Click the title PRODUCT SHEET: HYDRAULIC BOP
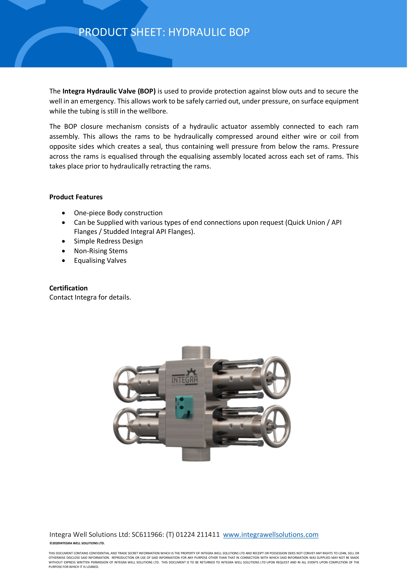164,32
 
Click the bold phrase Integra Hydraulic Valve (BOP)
109,91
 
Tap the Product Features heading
76,197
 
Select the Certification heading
68,288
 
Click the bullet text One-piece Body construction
118,213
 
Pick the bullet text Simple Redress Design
108,241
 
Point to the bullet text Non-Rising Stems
101,251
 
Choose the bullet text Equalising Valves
100,261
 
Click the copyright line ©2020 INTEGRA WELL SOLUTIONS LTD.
77,543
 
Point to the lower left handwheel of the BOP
125,426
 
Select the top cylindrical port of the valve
196,354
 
